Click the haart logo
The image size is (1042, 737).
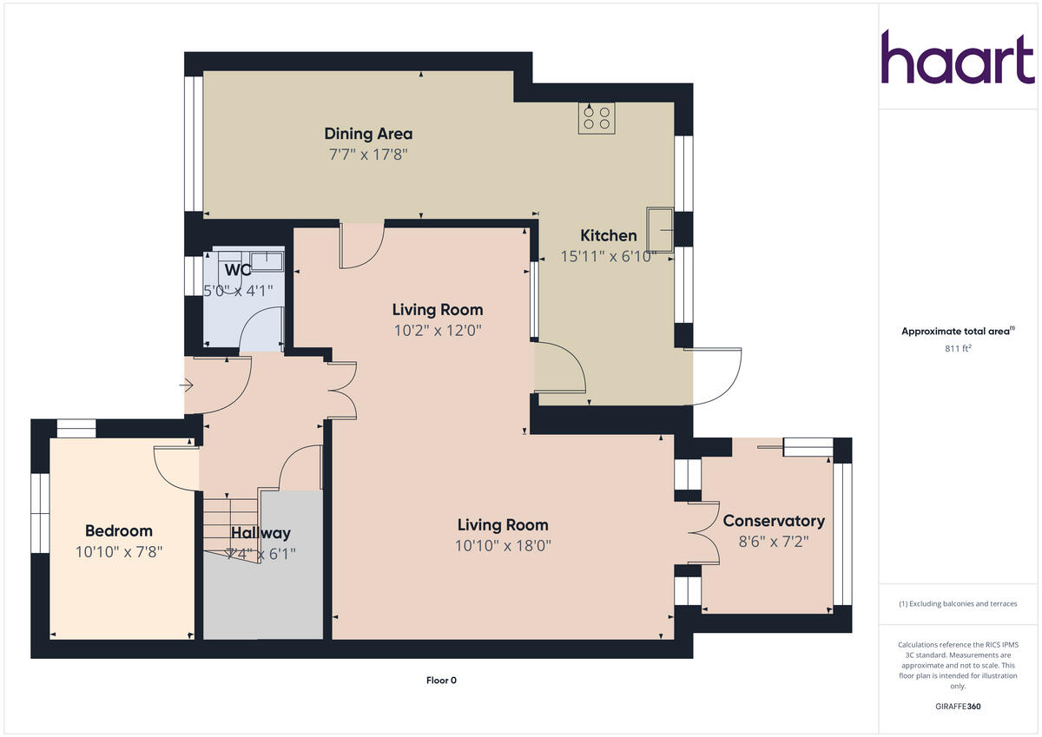tap(958, 57)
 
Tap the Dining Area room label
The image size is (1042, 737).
tap(368, 134)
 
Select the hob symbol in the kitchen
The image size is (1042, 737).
tap(597, 118)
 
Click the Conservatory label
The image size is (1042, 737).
tap(774, 521)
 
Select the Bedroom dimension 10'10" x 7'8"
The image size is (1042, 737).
tap(119, 551)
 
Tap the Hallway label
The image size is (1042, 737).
tap(260, 533)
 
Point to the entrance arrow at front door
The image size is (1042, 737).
tap(187, 385)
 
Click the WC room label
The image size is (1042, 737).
tap(238, 270)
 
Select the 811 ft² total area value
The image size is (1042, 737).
tap(957, 348)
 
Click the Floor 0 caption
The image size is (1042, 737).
tap(441, 681)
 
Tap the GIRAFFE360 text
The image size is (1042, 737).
tap(957, 707)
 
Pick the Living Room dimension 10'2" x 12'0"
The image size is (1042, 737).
tap(438, 330)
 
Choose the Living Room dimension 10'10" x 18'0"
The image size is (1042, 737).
tap(503, 546)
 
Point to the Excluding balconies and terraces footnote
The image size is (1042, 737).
tap(957, 604)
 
